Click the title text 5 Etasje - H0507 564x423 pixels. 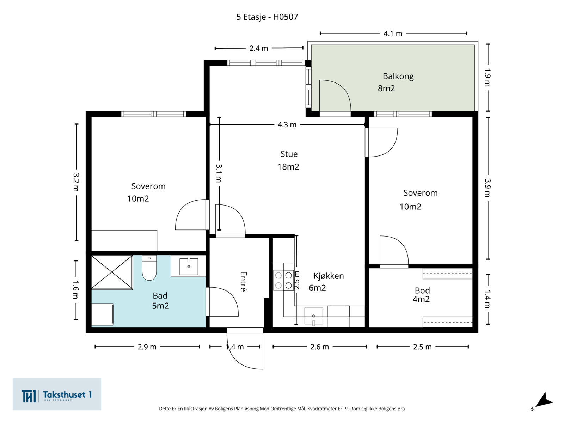click(x=267, y=17)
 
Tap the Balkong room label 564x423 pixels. click(x=398, y=76)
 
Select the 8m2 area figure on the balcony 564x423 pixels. click(x=386, y=88)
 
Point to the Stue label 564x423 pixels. click(x=289, y=154)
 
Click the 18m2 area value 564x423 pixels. click(x=288, y=167)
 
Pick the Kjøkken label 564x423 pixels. click(x=329, y=276)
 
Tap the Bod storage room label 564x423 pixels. click(x=422, y=290)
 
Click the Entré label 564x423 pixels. click(x=244, y=282)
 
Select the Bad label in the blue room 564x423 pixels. click(x=160, y=296)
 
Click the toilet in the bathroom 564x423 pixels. click(x=149, y=268)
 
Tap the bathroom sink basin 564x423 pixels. click(x=189, y=266)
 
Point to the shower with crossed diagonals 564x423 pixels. click(x=112, y=272)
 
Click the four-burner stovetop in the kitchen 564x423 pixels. click(x=283, y=280)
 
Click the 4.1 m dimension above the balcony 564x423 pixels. click(x=393, y=33)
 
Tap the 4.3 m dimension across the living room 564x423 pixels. click(x=287, y=124)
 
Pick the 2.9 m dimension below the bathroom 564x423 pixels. click(x=147, y=347)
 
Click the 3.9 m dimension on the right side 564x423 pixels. click(x=488, y=188)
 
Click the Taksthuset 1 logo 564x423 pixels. click(x=57, y=394)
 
